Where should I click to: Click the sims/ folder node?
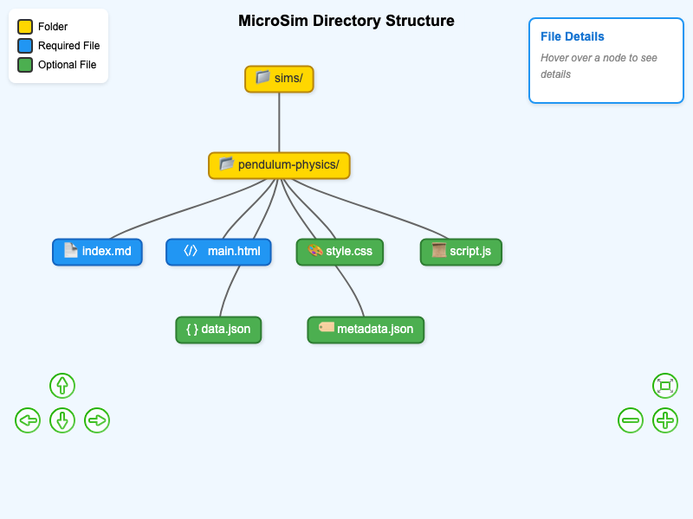coord(279,79)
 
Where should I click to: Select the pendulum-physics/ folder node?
coord(279,165)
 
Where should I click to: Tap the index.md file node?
coord(97,252)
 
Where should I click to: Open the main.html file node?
coord(218,252)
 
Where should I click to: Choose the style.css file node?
coord(340,252)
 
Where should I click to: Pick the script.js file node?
coord(461,252)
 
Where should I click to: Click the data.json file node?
coord(218,330)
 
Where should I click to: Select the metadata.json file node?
coord(366,330)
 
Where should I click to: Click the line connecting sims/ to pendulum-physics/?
coord(279,122)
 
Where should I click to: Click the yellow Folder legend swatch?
coord(25,27)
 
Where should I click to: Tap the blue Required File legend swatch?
coord(25,46)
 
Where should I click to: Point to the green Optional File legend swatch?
coord(25,65)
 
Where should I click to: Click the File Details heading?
coord(572,36)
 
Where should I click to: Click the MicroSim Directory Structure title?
coord(346,21)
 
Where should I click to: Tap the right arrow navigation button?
coord(97,420)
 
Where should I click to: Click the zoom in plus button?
coord(665,420)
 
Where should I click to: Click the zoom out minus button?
coord(631,420)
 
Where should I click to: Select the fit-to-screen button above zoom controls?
coord(665,386)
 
